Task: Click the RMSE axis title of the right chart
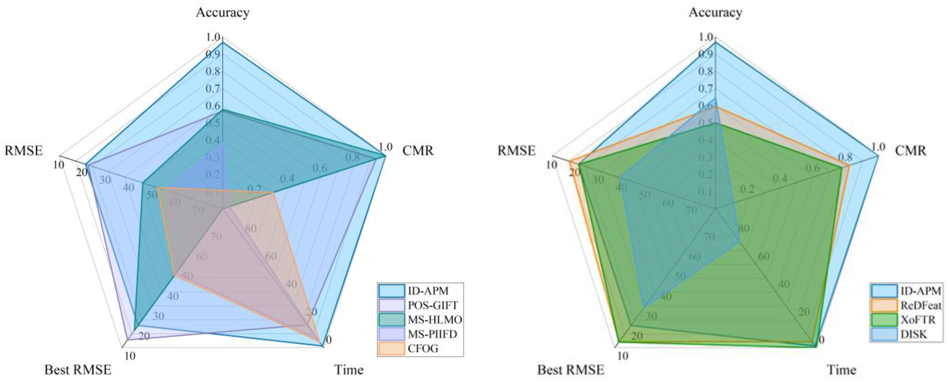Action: pyautogui.click(x=516, y=151)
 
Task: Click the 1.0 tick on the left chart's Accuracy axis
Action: pyautogui.click(x=213, y=37)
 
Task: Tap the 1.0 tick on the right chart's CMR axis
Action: pyautogui.click(x=878, y=147)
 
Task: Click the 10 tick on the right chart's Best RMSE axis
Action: pyautogui.click(x=623, y=356)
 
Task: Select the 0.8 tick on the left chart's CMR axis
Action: pyautogui.click(x=352, y=158)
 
